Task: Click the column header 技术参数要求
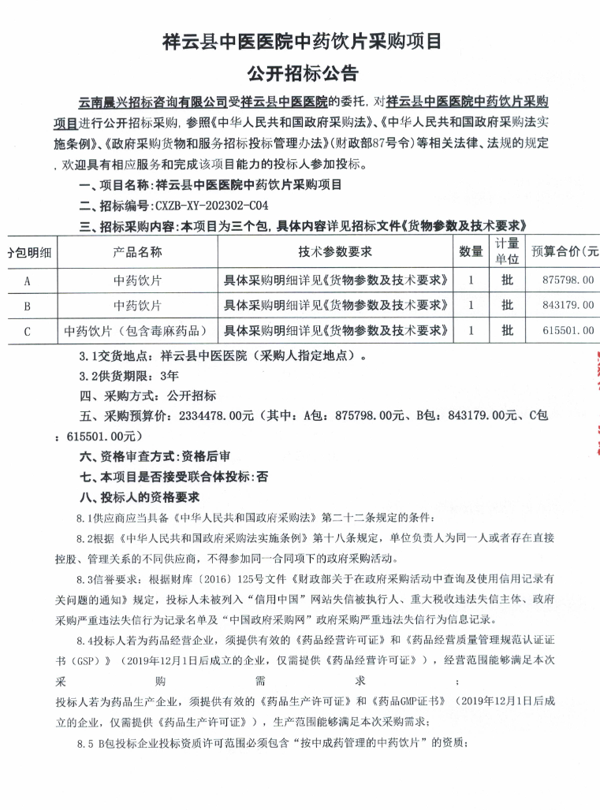[x=335, y=252]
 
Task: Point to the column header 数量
[x=471, y=252]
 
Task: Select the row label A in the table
[x=28, y=280]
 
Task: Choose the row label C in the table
[x=28, y=331]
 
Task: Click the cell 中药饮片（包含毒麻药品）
[x=137, y=331]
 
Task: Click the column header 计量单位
[x=507, y=251]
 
